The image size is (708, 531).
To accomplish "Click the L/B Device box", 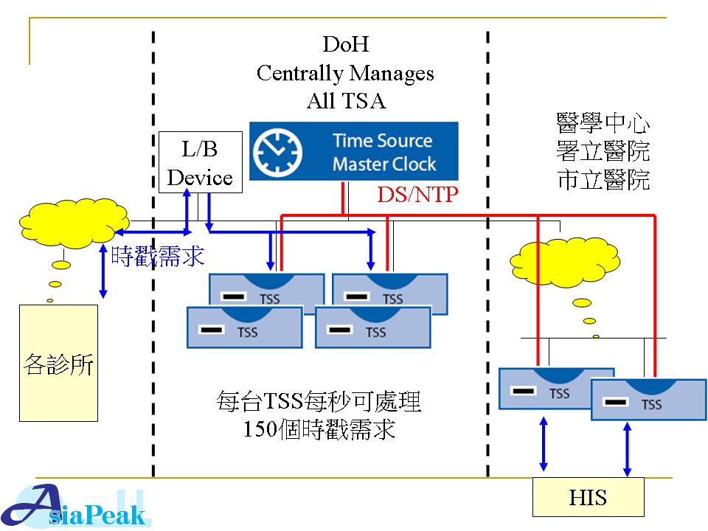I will (x=200, y=163).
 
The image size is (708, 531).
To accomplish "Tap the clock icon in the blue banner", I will (x=278, y=151).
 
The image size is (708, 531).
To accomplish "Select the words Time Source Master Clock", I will (x=383, y=152).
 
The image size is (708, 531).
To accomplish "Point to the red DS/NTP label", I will (x=418, y=195).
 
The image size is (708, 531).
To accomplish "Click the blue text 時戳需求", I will (x=157, y=255).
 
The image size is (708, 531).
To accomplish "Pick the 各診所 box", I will (x=58, y=363).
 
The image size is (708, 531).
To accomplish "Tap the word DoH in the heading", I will (x=345, y=45).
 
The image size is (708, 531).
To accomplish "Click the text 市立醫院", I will (x=603, y=179).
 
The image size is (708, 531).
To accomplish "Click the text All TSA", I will (x=346, y=101).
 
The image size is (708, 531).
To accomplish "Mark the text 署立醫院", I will (x=603, y=151).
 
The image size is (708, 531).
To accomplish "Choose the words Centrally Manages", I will (x=345, y=73).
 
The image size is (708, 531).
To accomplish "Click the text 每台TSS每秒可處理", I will (x=319, y=402).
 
